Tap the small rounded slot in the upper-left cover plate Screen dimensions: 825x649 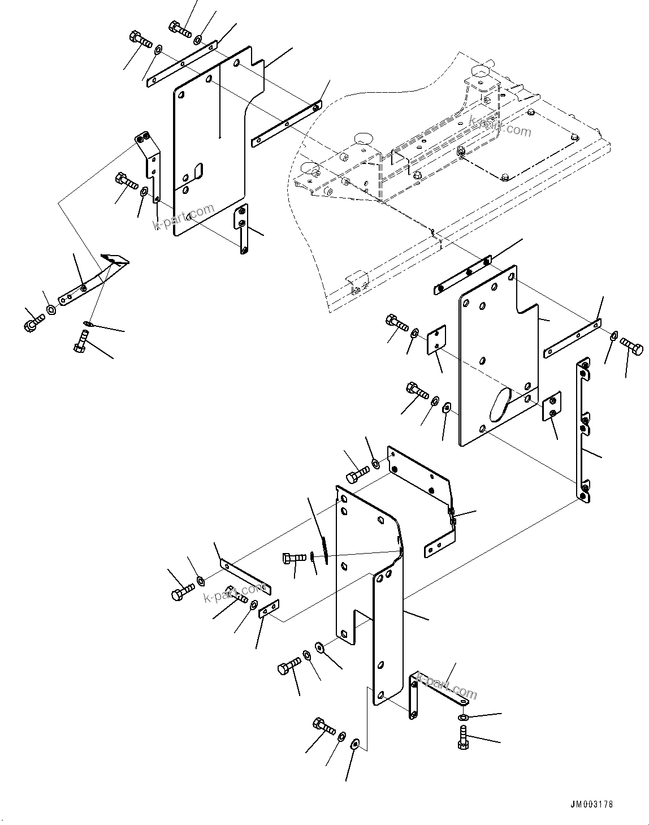[197, 170]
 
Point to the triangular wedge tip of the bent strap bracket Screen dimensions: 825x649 [115, 260]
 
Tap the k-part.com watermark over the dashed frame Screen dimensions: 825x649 [500, 127]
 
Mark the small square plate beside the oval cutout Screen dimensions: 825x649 [552, 406]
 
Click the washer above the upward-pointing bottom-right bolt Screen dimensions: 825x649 [462, 717]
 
